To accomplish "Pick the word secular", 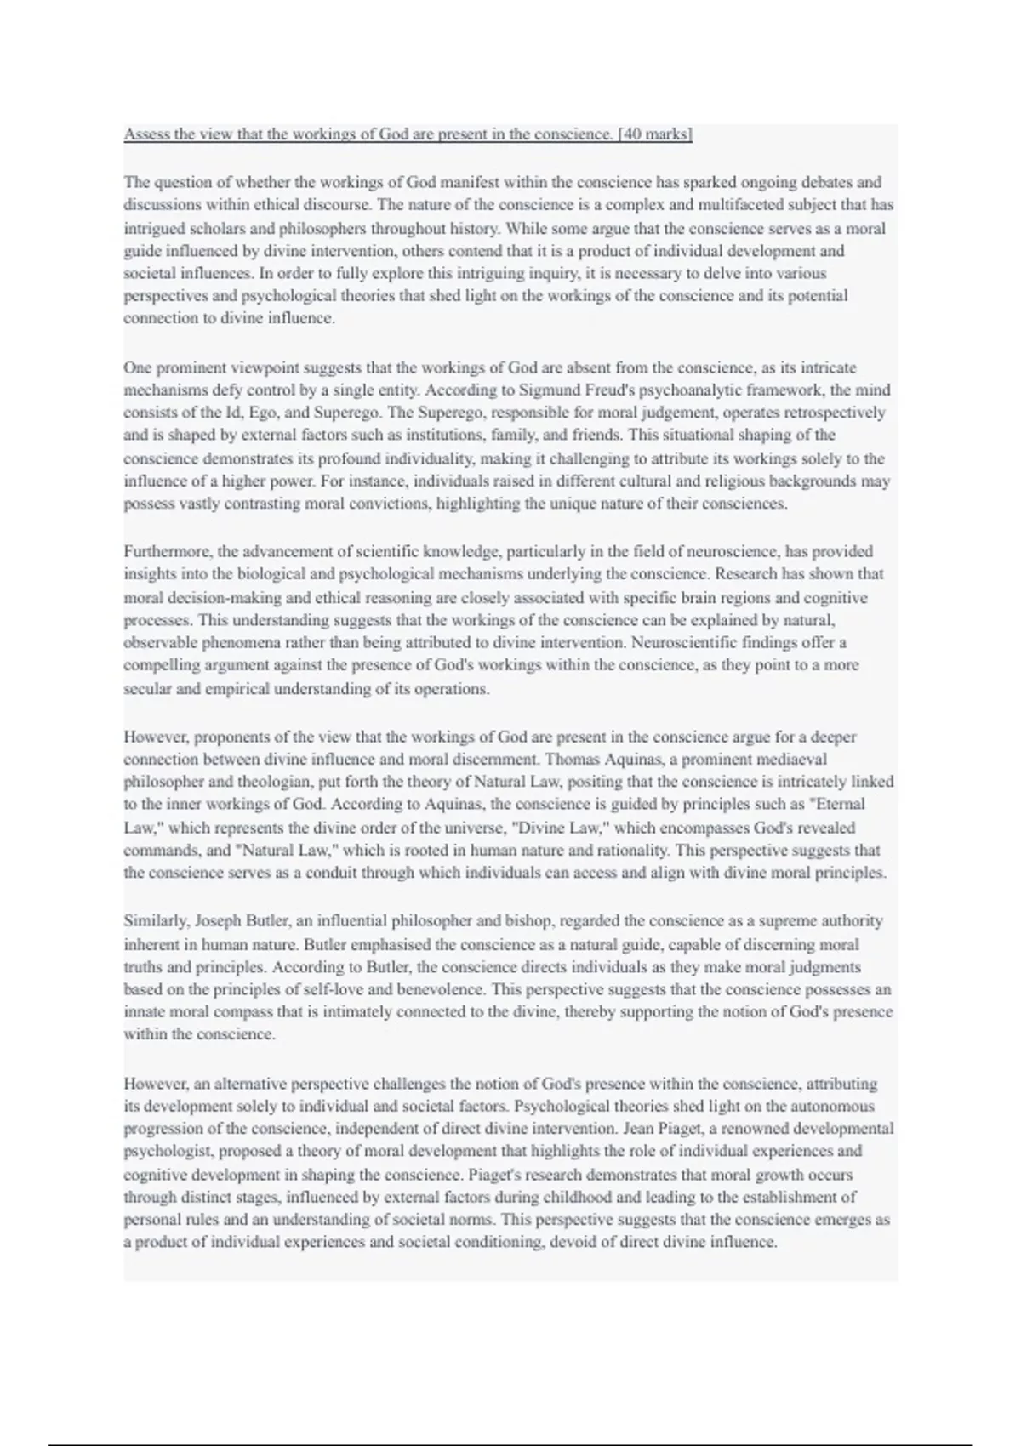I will coord(147,688).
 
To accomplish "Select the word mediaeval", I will coord(795,759).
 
